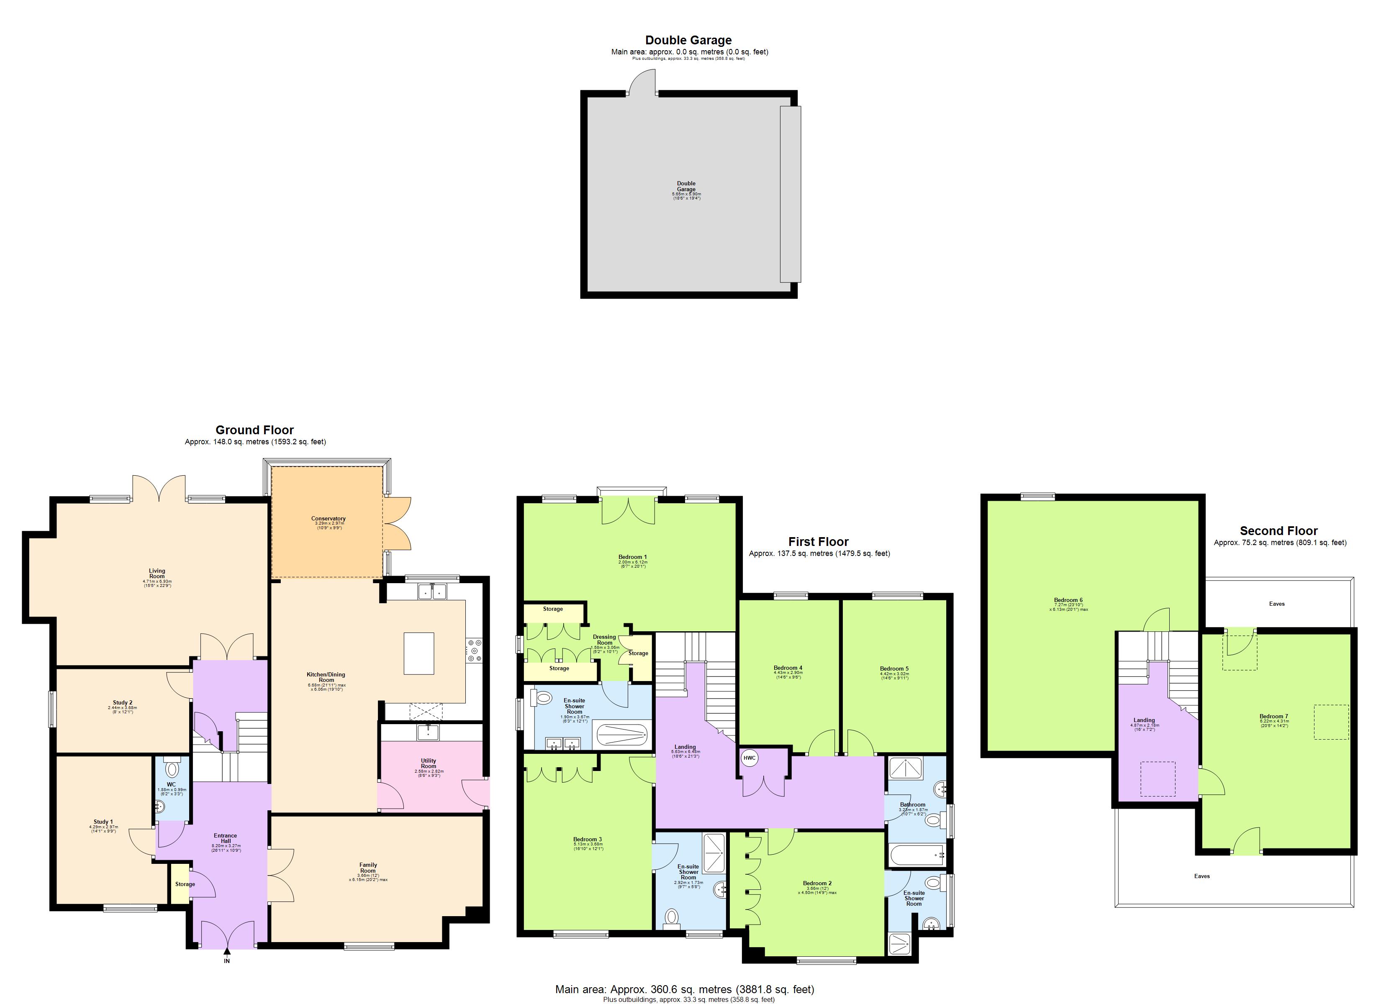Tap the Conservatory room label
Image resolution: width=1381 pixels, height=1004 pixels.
tap(328, 519)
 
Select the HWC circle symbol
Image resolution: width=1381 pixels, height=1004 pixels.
tap(749, 758)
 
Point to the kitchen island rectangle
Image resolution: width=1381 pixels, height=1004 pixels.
tap(419, 653)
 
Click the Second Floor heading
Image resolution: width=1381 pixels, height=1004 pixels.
tap(1279, 531)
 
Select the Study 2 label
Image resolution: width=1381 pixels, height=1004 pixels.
tap(122, 703)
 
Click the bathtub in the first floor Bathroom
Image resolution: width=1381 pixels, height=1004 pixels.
tap(916, 855)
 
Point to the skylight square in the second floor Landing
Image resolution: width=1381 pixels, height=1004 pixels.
tap(1158, 779)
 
